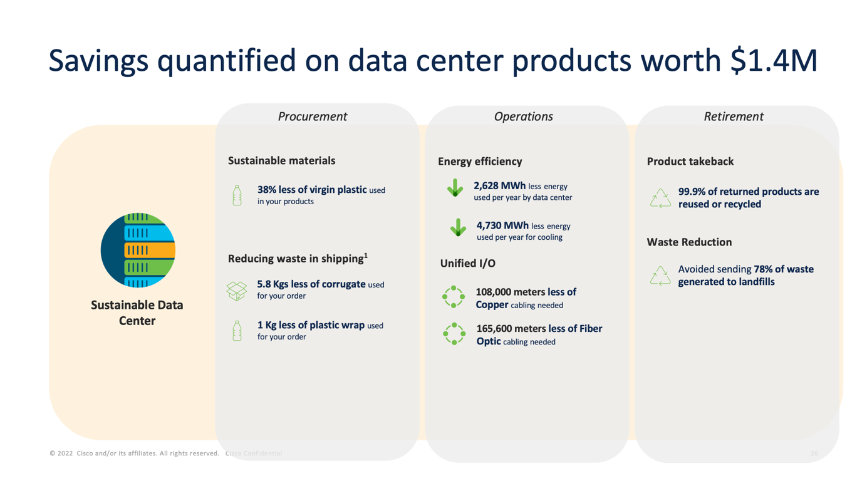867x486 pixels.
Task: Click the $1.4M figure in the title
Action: pyautogui.click(x=774, y=60)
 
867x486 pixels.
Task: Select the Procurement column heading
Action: pyautogui.click(x=313, y=116)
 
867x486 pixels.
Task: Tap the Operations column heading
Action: pyautogui.click(x=523, y=116)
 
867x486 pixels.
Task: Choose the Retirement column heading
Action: pyautogui.click(x=734, y=116)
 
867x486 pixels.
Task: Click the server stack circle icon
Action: pyautogui.click(x=138, y=250)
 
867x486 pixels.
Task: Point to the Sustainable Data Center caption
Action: pyautogui.click(x=137, y=313)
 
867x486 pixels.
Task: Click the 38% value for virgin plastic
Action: pyautogui.click(x=267, y=190)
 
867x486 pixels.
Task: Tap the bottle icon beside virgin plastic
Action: pyautogui.click(x=237, y=195)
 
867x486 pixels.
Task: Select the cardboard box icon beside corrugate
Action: pyautogui.click(x=237, y=291)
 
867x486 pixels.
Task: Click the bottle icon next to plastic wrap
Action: pyautogui.click(x=237, y=331)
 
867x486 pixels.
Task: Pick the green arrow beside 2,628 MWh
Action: pyautogui.click(x=455, y=188)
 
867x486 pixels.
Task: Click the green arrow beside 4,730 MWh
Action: pyautogui.click(x=459, y=227)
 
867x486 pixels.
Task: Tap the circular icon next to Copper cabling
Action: pyautogui.click(x=454, y=297)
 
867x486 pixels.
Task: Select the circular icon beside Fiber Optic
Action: pyautogui.click(x=454, y=334)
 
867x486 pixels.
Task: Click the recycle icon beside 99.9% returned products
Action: pyautogui.click(x=660, y=198)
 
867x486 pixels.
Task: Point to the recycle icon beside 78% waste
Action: pyautogui.click(x=660, y=276)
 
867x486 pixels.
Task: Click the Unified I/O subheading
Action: pyautogui.click(x=467, y=264)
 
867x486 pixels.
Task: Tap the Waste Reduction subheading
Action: pyautogui.click(x=689, y=242)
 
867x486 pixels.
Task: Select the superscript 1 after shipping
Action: pyautogui.click(x=366, y=255)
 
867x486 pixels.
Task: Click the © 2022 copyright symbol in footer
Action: pyautogui.click(x=53, y=453)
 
